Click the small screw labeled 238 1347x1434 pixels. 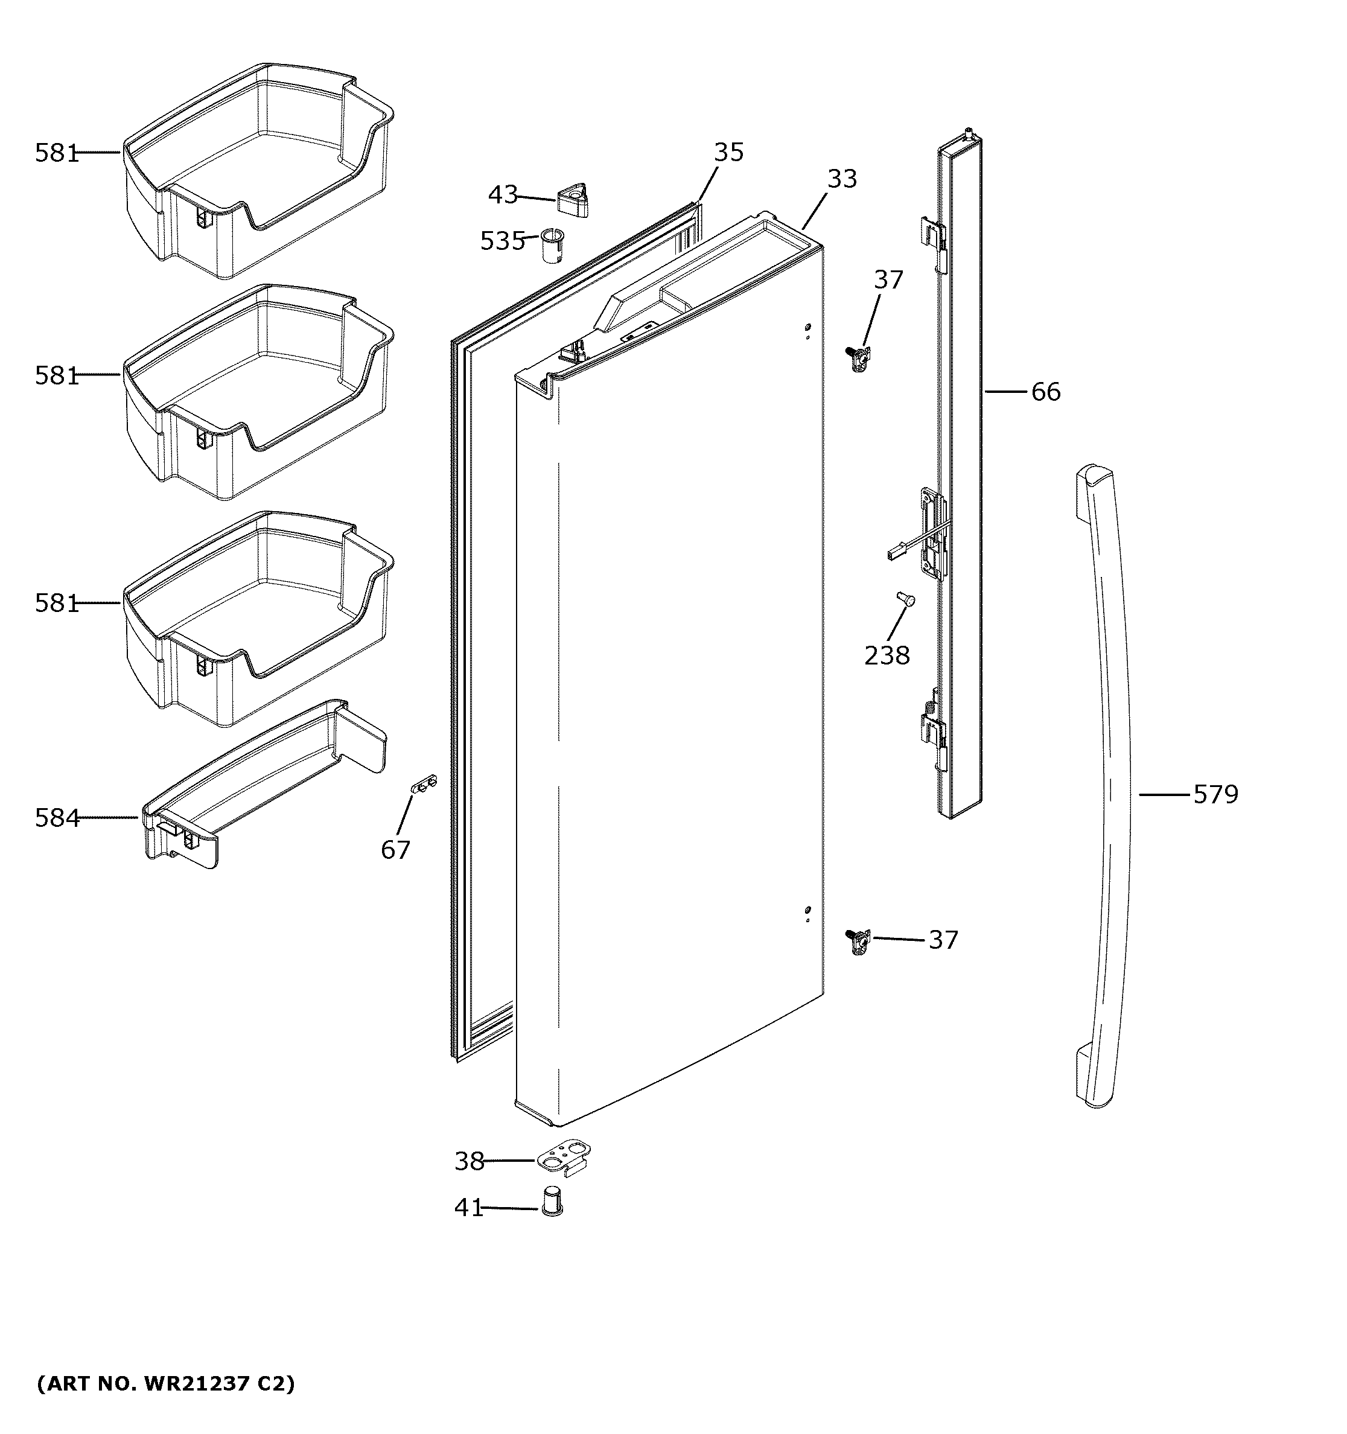click(x=904, y=598)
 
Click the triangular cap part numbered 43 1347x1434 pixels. click(x=573, y=199)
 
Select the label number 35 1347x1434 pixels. click(x=728, y=152)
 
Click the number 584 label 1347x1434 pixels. click(x=57, y=817)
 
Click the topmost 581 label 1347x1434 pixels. click(x=56, y=152)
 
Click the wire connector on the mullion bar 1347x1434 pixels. click(x=894, y=554)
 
